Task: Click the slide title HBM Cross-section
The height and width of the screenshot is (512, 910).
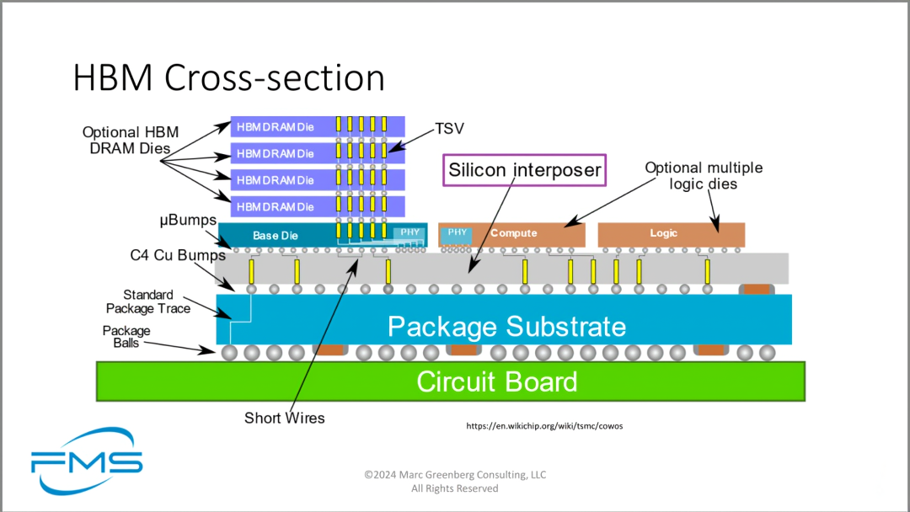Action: (228, 77)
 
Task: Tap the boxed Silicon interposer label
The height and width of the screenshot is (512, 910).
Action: (524, 170)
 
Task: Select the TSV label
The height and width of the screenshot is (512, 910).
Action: (450, 129)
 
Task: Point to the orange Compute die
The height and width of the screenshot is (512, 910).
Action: (514, 233)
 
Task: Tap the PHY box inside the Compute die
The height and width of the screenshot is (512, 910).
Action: (457, 232)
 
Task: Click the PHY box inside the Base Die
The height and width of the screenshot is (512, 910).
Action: (409, 232)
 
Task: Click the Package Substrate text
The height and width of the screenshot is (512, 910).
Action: (506, 326)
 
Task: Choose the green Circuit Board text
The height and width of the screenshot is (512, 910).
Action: (497, 381)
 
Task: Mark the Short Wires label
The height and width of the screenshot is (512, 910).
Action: (284, 418)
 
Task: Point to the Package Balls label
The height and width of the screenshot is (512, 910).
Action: (126, 337)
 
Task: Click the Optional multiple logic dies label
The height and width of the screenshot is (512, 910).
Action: (704, 175)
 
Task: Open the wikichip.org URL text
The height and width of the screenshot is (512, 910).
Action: (544, 426)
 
